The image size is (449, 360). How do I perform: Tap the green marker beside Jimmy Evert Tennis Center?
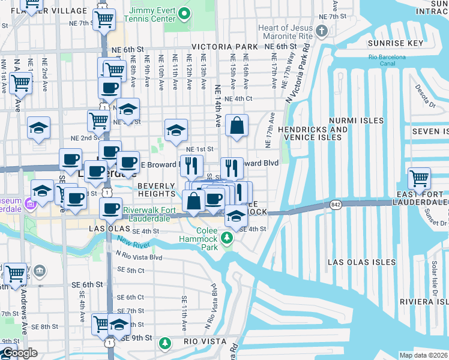(x=185, y=13)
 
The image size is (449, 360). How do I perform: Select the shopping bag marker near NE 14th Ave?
(x=238, y=126)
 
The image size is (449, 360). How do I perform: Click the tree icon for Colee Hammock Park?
(x=227, y=239)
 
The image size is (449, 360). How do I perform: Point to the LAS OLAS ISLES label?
(x=361, y=262)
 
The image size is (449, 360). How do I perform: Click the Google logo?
(x=19, y=353)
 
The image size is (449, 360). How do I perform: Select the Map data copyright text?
(x=423, y=355)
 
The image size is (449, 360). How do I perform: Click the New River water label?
(x=133, y=242)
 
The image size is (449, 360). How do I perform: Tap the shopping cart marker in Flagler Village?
(x=104, y=20)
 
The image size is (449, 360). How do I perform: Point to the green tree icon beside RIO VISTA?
(x=165, y=344)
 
